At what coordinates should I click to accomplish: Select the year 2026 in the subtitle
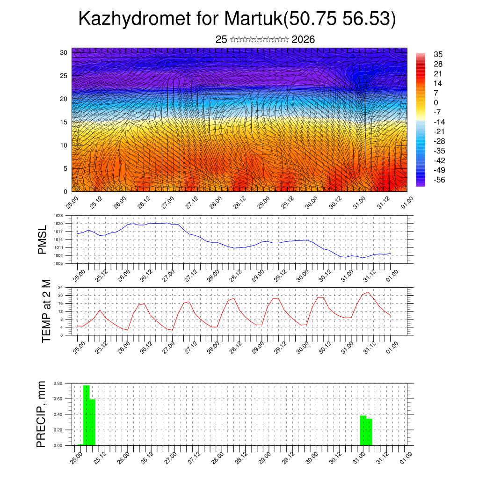303,40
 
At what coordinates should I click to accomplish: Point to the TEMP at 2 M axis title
46,311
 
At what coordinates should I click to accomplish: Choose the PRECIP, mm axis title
43,414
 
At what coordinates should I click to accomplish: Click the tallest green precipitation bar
86,415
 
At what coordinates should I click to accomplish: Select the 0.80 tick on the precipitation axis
58,383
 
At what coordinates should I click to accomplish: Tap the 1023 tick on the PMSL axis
58,216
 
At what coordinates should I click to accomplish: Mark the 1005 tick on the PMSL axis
58,263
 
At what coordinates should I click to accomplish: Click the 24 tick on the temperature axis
60,287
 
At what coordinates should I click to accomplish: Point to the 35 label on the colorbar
438,54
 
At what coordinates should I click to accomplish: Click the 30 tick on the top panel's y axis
64,52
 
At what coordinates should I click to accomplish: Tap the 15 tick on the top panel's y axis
64,122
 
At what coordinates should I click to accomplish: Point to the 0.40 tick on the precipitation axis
58,414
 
